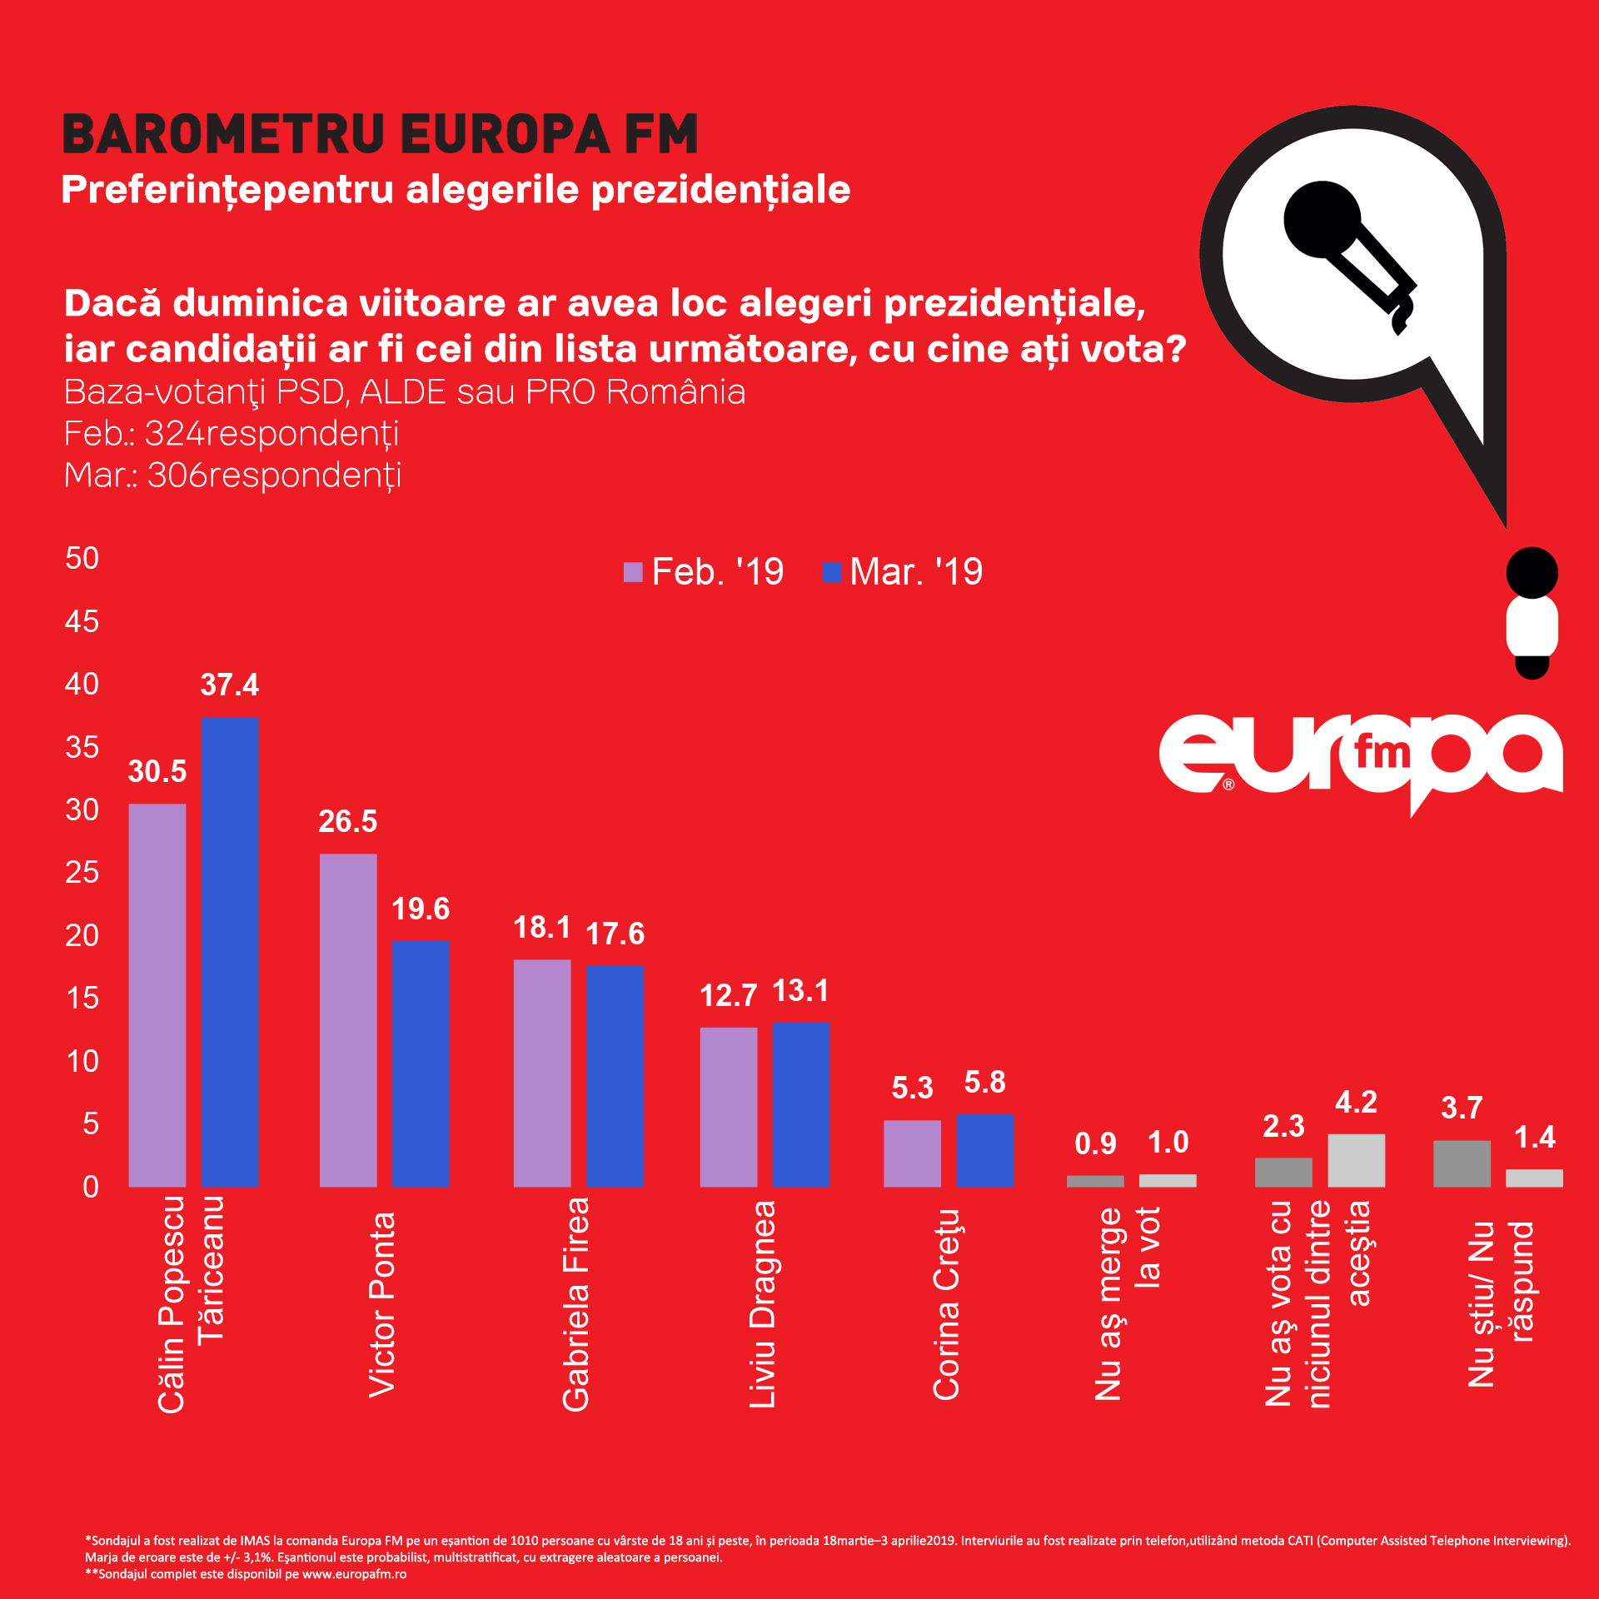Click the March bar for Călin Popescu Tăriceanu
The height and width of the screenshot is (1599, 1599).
[230, 951]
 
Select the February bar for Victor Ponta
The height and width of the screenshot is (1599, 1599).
[348, 1019]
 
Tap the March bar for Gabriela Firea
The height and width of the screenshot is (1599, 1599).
[615, 1075]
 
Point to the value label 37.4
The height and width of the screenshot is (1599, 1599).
[230, 685]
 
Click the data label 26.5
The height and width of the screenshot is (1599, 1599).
[348, 821]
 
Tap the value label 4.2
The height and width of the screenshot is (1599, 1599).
[1356, 1102]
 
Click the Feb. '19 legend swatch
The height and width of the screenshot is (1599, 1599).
[633, 572]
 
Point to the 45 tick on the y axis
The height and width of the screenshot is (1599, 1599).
[82, 621]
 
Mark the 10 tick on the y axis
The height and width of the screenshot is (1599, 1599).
[82, 1061]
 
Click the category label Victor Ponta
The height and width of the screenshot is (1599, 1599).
[382, 1304]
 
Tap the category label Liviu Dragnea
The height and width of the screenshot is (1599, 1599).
[763, 1304]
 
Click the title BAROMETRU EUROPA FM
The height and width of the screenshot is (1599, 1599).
[381, 135]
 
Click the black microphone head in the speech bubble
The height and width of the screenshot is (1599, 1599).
[1322, 219]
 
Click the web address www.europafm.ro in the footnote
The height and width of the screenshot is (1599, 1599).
[354, 1574]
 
